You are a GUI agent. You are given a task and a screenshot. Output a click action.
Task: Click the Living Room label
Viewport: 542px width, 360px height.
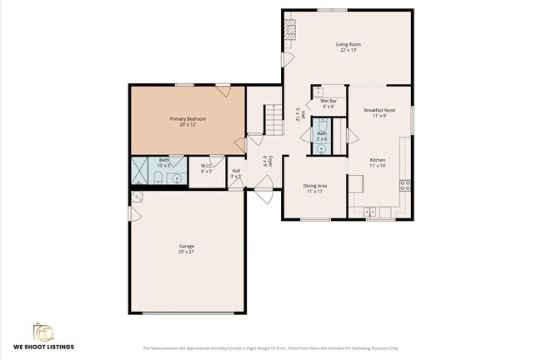point(348,44)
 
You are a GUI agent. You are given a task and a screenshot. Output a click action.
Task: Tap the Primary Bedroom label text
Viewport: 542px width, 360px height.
point(188,119)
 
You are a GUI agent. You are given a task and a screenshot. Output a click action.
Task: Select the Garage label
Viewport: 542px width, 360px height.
point(186,246)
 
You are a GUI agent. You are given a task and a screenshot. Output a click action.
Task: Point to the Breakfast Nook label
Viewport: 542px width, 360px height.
point(379,110)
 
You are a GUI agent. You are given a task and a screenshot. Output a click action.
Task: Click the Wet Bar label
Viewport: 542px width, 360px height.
point(328,101)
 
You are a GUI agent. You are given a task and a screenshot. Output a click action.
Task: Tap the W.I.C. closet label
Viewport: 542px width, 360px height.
point(207,166)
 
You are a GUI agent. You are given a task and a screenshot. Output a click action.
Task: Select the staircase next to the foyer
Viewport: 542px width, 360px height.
point(274,120)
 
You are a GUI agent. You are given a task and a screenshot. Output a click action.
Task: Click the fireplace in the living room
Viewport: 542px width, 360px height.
point(290,30)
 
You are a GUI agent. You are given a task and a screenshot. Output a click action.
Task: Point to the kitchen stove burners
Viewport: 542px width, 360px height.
point(404,185)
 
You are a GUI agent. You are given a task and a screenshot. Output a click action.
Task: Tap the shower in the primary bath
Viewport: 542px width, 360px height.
point(139,170)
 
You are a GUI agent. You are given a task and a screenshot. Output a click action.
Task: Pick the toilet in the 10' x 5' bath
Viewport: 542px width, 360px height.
point(158,177)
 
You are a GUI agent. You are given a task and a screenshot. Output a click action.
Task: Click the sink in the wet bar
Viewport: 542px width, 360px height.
point(319,90)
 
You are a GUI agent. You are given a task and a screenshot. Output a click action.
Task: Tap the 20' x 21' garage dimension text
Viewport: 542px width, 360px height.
point(186,252)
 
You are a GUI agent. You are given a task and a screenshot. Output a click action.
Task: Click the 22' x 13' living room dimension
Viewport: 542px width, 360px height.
point(348,50)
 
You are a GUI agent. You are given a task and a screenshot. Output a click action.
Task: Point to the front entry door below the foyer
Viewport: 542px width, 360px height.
point(263,195)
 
